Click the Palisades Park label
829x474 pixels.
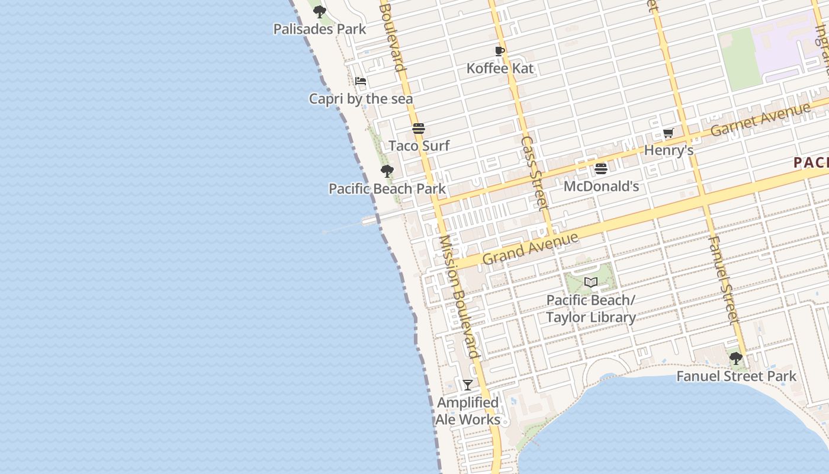click(319, 29)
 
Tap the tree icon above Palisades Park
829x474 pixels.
click(320, 11)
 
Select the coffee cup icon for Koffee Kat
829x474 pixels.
click(500, 51)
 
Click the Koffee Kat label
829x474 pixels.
click(500, 68)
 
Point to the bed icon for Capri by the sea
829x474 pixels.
click(361, 81)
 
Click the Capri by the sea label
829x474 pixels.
click(361, 98)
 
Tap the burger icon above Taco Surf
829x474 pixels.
click(419, 129)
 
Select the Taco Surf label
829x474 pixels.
click(419, 146)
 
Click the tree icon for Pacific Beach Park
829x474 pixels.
click(387, 172)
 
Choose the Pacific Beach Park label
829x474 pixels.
click(387, 189)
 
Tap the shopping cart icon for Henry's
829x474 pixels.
click(669, 133)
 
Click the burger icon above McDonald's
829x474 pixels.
click(601, 169)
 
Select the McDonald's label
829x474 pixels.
click(601, 186)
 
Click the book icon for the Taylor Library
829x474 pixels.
click(591, 282)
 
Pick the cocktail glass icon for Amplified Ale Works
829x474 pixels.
click(468, 385)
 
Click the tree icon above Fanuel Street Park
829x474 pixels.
click(736, 358)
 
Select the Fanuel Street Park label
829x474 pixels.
click(736, 376)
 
